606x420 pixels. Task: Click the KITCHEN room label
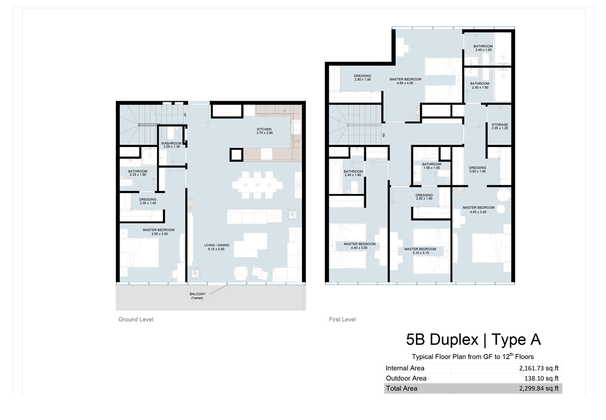pyautogui.click(x=264, y=129)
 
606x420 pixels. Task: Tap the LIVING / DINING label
pyautogui.click(x=217, y=245)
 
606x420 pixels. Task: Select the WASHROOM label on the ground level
pyautogui.click(x=171, y=143)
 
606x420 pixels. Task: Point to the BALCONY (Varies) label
pyautogui.click(x=197, y=296)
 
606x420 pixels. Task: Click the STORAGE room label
pyautogui.click(x=500, y=125)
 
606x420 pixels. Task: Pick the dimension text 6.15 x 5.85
pyautogui.click(x=216, y=249)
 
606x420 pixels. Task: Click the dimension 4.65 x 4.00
pyautogui.click(x=405, y=83)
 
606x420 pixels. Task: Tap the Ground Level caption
pyautogui.click(x=136, y=319)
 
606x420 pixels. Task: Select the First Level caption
pyautogui.click(x=342, y=319)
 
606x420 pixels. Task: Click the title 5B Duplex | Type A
pyautogui.click(x=473, y=339)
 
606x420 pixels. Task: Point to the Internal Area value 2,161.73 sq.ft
pyautogui.click(x=539, y=368)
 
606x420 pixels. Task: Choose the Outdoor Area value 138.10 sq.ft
pyautogui.click(x=542, y=378)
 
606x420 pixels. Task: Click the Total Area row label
pyautogui.click(x=402, y=388)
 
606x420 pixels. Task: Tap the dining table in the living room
pyautogui.click(x=257, y=185)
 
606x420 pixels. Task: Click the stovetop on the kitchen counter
pyautogui.click(x=267, y=154)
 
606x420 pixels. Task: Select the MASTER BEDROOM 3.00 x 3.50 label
pyautogui.click(x=159, y=232)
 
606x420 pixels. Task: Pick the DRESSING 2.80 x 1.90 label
pyautogui.click(x=362, y=77)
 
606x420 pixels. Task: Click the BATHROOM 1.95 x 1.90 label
pyautogui.click(x=432, y=166)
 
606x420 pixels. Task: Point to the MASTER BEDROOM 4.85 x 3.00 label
pyautogui.click(x=479, y=210)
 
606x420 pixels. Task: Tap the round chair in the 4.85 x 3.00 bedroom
pyautogui.click(x=503, y=195)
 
